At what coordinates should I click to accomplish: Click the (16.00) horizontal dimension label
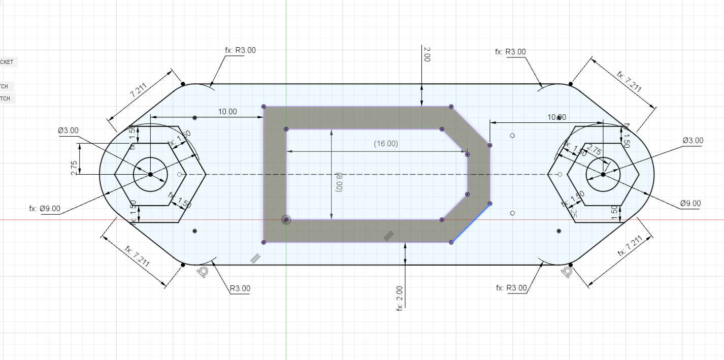click(386, 144)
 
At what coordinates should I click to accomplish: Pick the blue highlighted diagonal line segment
click(471, 223)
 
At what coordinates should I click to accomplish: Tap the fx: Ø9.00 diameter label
click(45, 208)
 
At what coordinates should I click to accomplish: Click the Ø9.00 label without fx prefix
click(690, 204)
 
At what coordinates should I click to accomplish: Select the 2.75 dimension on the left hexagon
click(74, 168)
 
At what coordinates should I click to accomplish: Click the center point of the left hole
click(150, 175)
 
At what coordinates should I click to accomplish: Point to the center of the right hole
click(603, 175)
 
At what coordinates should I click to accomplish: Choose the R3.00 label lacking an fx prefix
click(240, 288)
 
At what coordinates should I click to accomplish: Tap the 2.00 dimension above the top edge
click(426, 55)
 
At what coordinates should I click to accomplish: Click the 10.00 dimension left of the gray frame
click(227, 112)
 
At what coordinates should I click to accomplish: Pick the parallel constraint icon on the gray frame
click(388, 235)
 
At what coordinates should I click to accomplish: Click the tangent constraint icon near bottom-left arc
click(203, 272)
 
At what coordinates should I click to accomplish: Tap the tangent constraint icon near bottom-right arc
click(567, 272)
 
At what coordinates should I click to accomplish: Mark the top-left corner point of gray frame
click(264, 107)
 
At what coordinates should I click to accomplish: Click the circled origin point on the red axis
click(286, 220)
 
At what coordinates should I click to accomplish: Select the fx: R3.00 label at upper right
click(510, 52)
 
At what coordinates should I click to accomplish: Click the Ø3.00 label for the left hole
click(68, 130)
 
